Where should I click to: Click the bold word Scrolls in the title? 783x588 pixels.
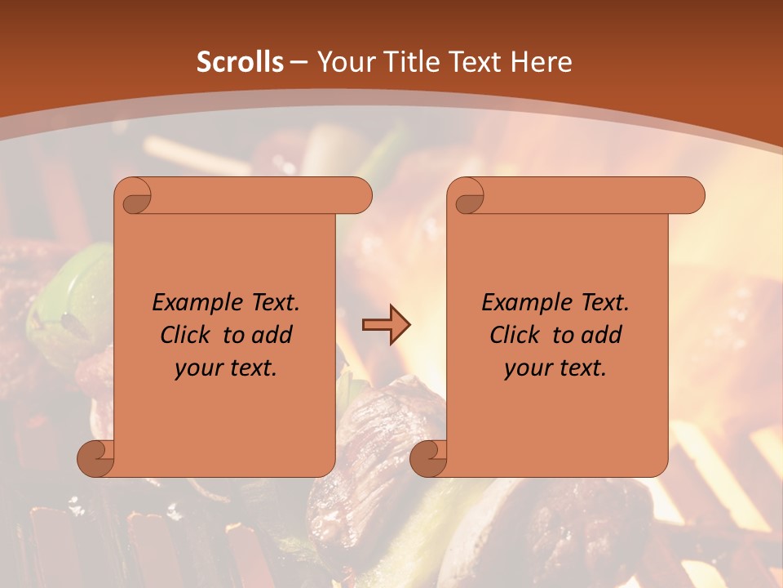[x=240, y=62]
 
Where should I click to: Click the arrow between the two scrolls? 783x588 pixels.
[x=386, y=325]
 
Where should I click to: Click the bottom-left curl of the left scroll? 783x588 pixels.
[x=95, y=458]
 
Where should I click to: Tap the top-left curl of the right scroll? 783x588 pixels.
[x=468, y=197]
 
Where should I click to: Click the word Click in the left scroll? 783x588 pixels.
[x=185, y=335]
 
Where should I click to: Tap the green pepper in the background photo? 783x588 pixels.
[x=69, y=302]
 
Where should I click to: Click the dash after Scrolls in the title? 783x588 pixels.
[x=299, y=62]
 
